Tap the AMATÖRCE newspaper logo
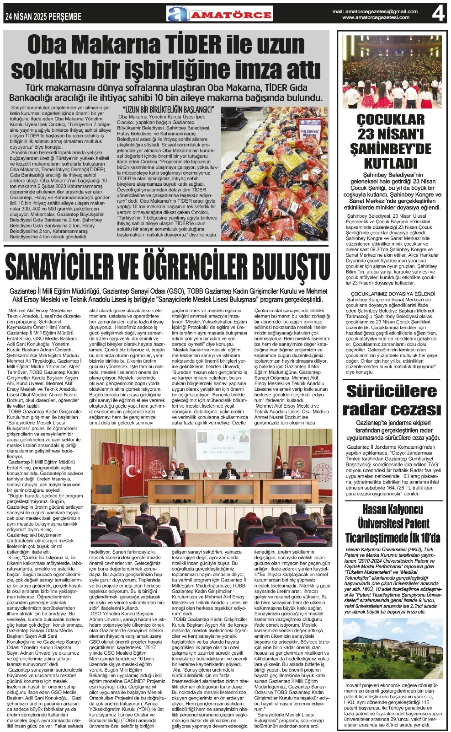[219, 14]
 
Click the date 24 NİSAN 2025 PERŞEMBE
[43, 16]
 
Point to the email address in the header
[375, 11]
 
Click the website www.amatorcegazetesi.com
[376, 17]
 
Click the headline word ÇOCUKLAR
[391, 120]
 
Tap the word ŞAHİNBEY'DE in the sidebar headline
[391, 149]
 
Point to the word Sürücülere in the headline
[392, 392]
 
